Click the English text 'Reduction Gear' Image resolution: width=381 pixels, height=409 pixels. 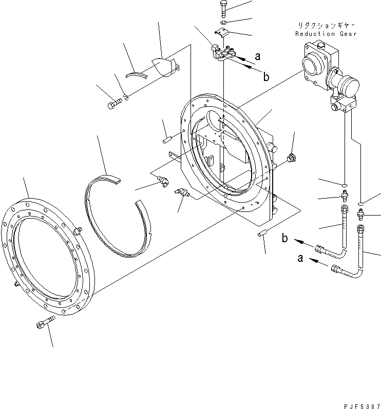point(326,34)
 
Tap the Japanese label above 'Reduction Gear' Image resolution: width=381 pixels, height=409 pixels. point(326,25)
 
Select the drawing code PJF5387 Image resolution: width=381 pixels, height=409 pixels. point(359,405)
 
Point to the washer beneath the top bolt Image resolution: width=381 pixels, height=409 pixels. point(224,23)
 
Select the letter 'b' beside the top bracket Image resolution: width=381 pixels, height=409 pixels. point(266,77)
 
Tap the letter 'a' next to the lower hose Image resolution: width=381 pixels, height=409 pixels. point(300,259)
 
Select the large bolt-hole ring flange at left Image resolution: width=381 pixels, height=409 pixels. point(46,257)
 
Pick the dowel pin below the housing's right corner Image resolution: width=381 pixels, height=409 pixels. point(261,234)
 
